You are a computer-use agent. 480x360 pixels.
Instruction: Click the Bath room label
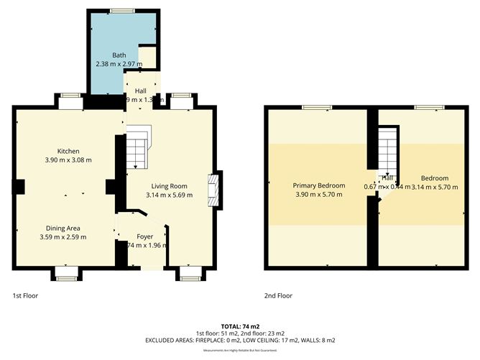(x=119, y=55)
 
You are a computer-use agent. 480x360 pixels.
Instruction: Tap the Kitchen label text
(x=68, y=151)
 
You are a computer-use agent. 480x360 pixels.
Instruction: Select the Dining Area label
(x=63, y=228)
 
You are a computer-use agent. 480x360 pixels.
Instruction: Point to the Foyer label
(x=145, y=236)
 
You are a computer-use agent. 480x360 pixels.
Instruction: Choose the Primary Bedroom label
(x=320, y=185)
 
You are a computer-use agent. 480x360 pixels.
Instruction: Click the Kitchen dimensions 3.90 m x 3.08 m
(x=68, y=160)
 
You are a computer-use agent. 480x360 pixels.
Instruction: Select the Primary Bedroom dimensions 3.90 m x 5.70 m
(x=320, y=194)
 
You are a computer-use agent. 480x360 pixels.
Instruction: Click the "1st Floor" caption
(x=26, y=295)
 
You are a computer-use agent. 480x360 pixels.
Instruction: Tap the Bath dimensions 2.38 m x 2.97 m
(x=119, y=63)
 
